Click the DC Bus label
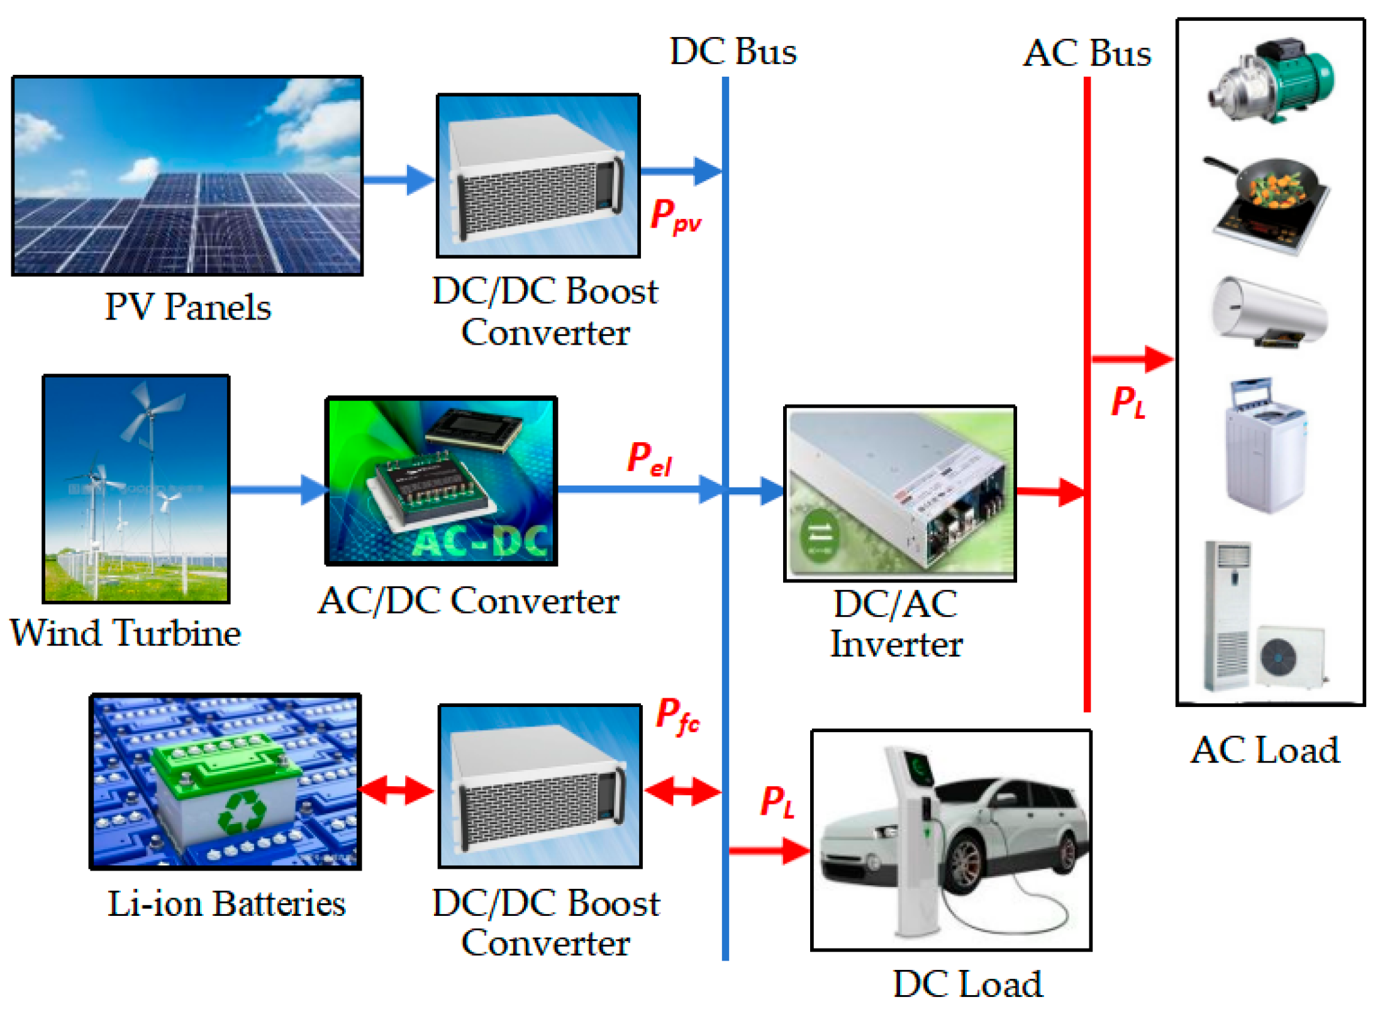[733, 51]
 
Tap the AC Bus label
[1088, 53]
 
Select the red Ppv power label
[676, 216]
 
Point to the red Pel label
[650, 459]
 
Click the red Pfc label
[677, 716]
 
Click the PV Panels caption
[187, 307]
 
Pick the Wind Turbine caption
[125, 632]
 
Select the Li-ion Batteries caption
[226, 903]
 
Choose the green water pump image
[1271, 81]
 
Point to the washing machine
[1266, 445]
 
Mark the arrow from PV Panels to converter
[399, 180]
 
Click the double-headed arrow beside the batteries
[396, 790]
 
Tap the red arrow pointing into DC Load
[769, 851]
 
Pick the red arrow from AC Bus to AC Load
[1132, 359]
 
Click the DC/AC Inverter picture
[899, 493]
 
